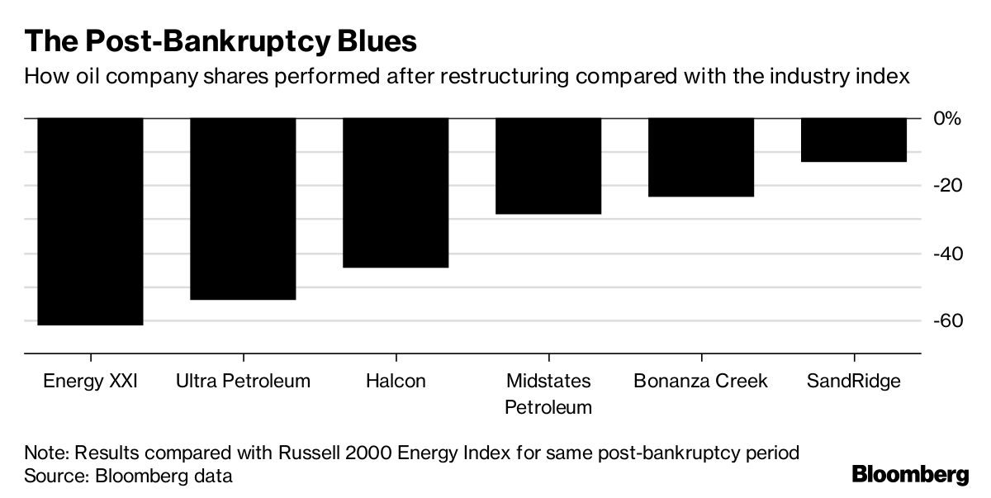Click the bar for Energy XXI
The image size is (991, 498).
pos(91,221)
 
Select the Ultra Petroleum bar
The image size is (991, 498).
pos(243,209)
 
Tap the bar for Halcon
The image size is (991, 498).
pos(396,192)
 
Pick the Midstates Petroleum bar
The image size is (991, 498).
pos(548,166)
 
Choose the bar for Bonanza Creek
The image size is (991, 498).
pos(701,158)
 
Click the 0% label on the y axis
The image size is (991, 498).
pos(947,119)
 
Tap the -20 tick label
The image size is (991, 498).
pos(946,186)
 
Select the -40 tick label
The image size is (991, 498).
pos(946,254)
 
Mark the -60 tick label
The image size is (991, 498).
pos(946,321)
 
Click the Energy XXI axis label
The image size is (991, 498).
pos(91,382)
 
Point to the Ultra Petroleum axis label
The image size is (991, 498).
pos(243,382)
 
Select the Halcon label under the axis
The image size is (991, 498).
pos(396,382)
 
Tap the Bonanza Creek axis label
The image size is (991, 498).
pos(701,382)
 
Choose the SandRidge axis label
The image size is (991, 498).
pos(854,382)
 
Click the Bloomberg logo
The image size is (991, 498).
pos(910,475)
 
